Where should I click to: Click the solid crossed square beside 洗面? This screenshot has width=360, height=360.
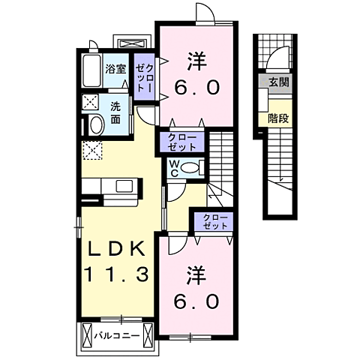pos(89,103)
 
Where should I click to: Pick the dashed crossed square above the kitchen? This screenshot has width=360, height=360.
pos(92,151)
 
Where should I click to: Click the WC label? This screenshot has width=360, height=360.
pos(174,167)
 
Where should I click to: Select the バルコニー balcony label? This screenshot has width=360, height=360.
pos(115,334)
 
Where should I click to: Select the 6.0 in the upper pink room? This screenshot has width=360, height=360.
pos(198,88)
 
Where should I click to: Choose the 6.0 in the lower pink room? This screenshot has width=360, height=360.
pos(198,300)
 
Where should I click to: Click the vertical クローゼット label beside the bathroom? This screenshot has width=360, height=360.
pos(144,77)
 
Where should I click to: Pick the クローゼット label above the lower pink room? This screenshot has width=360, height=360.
pos(214,221)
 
